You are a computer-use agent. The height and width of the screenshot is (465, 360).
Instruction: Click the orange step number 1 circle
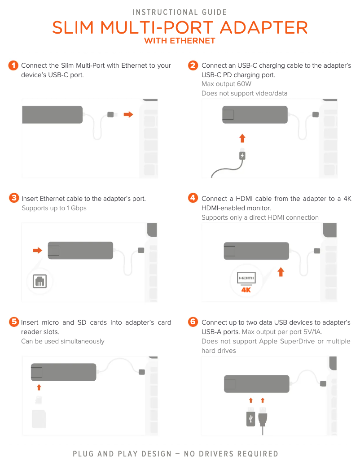tap(13, 65)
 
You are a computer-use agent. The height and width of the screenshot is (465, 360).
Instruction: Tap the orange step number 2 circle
tap(193, 65)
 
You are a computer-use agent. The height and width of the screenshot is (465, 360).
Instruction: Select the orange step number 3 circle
tap(14, 198)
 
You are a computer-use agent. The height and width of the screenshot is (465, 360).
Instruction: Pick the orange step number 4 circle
tap(193, 198)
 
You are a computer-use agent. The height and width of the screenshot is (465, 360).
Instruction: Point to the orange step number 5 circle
tap(14, 322)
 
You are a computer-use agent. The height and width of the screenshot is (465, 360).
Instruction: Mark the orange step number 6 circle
tap(193, 322)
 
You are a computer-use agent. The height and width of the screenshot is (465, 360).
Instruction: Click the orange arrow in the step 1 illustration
tap(128, 114)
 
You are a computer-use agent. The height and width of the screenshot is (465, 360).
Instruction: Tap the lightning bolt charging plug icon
tap(242, 156)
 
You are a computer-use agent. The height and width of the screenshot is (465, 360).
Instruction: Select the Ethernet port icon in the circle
tap(40, 281)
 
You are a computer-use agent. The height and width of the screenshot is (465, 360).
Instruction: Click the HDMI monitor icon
tap(246, 278)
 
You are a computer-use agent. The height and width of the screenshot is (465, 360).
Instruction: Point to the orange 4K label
tap(246, 290)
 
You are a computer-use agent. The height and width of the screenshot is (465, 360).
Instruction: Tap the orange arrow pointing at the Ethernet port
tap(37, 251)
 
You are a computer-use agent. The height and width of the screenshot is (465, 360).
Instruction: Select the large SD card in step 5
tap(39, 419)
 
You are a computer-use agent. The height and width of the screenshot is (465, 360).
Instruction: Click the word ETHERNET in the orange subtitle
tap(193, 41)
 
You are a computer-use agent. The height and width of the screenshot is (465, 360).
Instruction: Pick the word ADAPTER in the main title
tap(263, 28)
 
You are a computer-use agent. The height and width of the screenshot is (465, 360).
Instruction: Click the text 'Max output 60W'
tap(226, 84)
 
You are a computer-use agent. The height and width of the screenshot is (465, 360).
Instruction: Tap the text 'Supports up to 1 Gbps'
tap(54, 208)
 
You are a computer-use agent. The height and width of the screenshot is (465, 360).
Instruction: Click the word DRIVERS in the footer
tap(216, 454)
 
